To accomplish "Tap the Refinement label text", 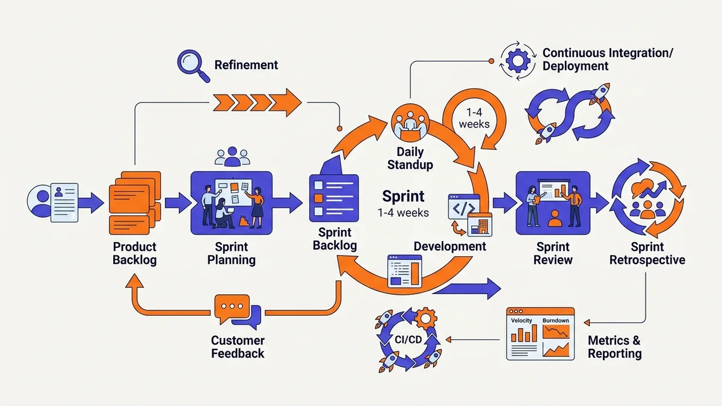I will [x=246, y=65].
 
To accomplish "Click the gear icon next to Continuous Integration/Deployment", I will [x=517, y=60].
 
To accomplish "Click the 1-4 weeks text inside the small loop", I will [x=474, y=118].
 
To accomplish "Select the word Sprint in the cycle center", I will [x=404, y=196].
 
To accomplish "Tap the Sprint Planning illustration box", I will [x=231, y=202].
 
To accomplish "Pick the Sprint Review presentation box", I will [x=553, y=202].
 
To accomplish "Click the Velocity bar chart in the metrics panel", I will [x=522, y=334].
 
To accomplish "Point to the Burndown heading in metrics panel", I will [x=556, y=321].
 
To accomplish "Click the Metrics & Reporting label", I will [x=614, y=347].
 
